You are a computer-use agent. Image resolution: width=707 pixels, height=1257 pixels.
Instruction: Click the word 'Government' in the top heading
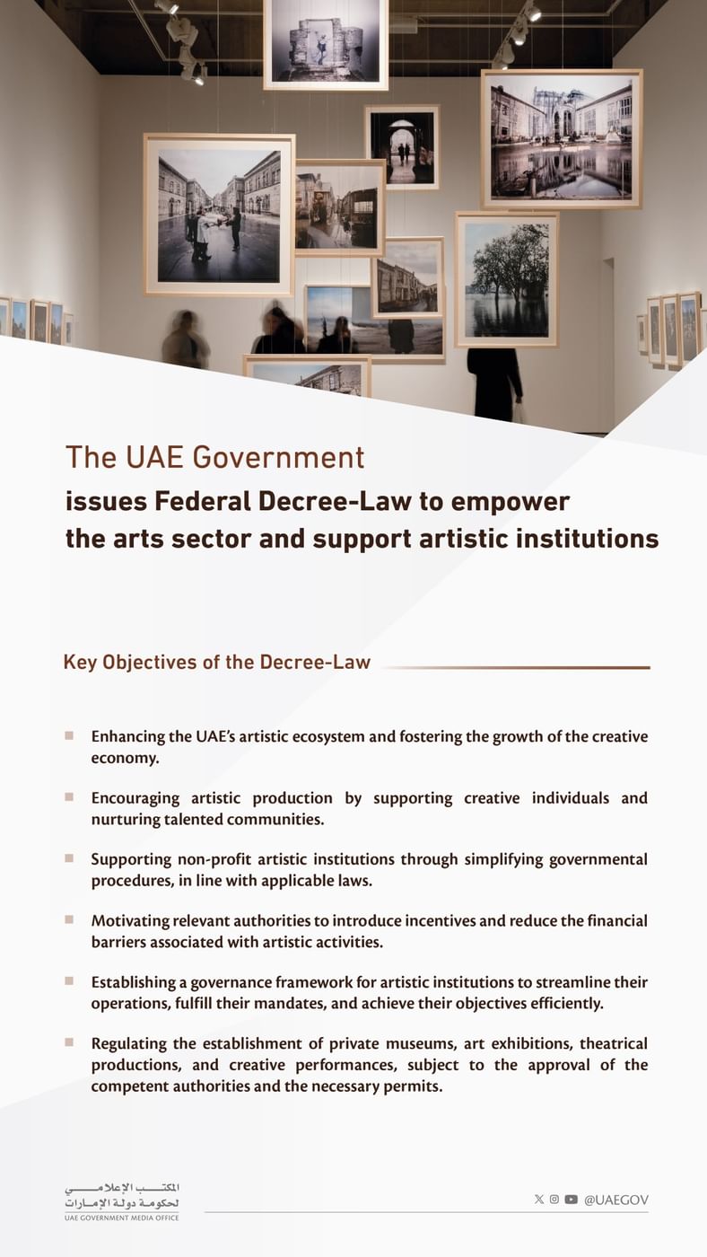click(278, 458)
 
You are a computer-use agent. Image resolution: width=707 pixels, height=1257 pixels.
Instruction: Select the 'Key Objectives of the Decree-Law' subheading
click(216, 663)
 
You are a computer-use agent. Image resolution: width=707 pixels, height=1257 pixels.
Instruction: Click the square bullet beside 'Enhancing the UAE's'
click(69, 735)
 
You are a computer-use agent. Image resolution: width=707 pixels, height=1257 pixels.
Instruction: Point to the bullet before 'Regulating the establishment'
click(69, 1042)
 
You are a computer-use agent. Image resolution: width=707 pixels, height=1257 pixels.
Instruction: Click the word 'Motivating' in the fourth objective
click(131, 920)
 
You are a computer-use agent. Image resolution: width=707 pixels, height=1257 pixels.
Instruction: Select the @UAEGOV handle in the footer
click(615, 1200)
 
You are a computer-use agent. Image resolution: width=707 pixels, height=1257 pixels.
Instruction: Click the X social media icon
click(538, 1200)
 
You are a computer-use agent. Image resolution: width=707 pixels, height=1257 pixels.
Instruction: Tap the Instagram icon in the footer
click(554, 1200)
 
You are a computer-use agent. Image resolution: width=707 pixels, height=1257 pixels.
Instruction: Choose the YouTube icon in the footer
click(571, 1200)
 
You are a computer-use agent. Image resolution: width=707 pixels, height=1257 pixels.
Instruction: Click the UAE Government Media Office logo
click(122, 1201)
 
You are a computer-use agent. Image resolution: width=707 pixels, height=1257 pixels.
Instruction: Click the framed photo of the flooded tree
click(507, 279)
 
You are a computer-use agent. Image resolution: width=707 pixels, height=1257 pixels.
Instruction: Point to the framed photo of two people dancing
click(219, 215)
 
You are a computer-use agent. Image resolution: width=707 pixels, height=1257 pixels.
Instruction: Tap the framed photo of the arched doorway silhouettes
click(402, 146)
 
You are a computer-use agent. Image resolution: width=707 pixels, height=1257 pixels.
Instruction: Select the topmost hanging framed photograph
click(326, 43)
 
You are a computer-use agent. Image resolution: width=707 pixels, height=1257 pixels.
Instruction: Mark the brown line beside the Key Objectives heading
click(515, 667)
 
